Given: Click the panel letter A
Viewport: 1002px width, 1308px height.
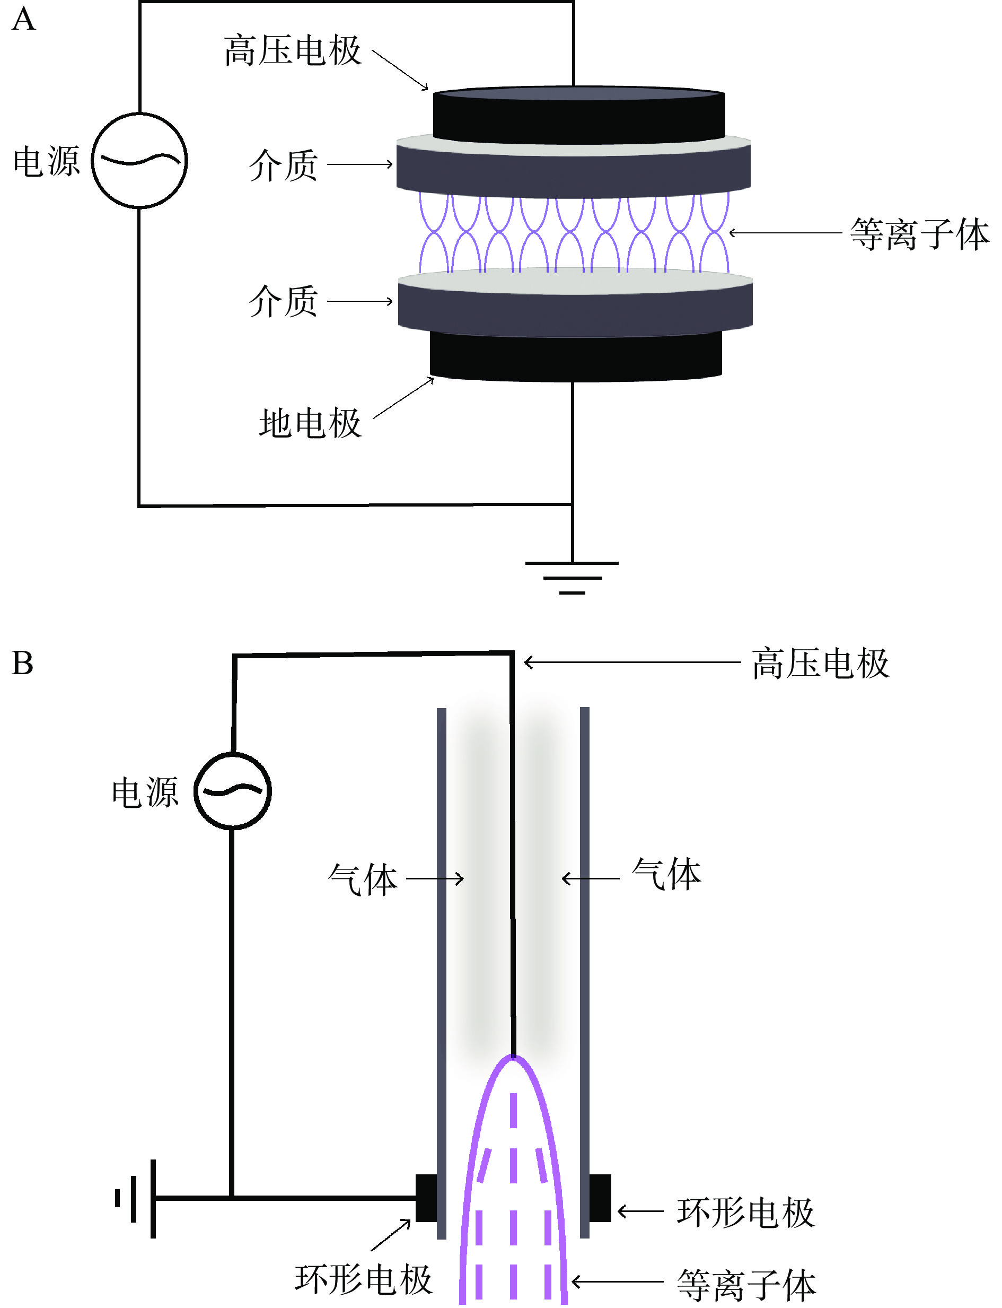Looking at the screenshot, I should [x=24, y=19].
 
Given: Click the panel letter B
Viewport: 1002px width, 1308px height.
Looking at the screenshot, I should [x=23, y=663].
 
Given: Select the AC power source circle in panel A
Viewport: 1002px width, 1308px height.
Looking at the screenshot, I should [x=139, y=161].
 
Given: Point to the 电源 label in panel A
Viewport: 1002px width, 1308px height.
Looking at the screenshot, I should [x=47, y=161].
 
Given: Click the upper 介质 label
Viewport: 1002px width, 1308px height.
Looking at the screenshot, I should [x=283, y=165].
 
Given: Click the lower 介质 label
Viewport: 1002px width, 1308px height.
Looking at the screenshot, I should [x=283, y=301].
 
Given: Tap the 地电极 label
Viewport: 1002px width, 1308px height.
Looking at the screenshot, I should [x=310, y=424].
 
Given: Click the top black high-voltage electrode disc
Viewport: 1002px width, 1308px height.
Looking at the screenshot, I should [x=578, y=116].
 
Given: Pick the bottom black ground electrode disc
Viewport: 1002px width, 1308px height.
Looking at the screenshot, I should [x=576, y=356].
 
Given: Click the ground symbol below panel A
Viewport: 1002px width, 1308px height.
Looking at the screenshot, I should [x=572, y=577].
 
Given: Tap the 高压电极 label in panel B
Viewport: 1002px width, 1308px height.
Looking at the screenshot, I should [x=821, y=664].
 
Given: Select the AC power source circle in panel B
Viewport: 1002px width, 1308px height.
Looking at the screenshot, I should [x=233, y=791].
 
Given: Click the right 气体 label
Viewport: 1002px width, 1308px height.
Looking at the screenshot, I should [x=666, y=875].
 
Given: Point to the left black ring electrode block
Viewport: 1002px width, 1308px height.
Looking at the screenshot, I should [x=426, y=1198].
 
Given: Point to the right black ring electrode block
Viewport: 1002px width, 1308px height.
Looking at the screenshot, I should [x=600, y=1198].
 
